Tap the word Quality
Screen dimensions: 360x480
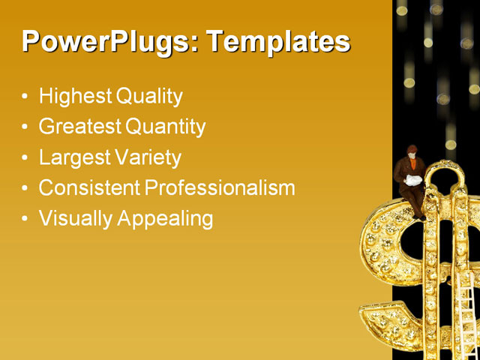[x=149, y=97]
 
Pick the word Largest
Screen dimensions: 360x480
[x=74, y=157]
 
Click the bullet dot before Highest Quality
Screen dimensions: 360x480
[x=26, y=97]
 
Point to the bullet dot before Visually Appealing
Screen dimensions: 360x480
[x=26, y=220]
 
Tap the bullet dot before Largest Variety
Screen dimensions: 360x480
[x=26, y=158]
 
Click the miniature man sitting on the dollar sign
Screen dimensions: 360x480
[x=412, y=180]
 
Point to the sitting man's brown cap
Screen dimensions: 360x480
[x=412, y=148]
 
